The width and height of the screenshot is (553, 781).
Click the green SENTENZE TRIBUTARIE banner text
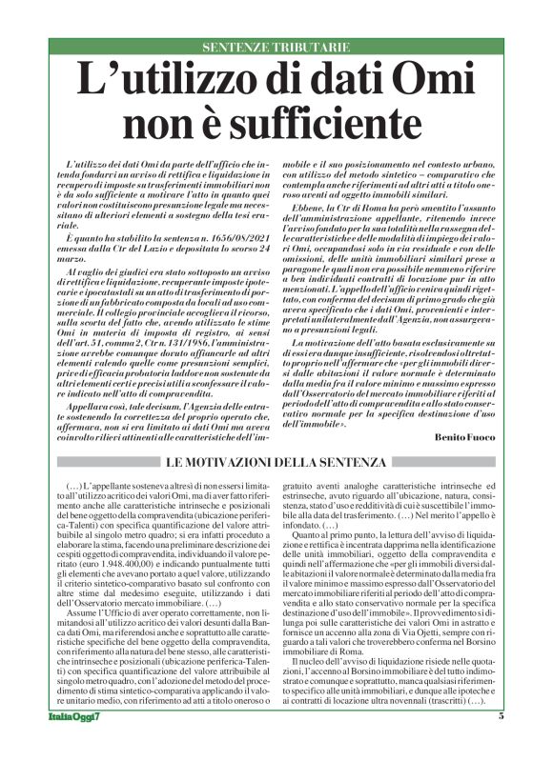276,48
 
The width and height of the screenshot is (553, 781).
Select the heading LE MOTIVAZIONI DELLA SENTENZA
276,462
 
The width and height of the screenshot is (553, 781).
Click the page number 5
501,743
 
